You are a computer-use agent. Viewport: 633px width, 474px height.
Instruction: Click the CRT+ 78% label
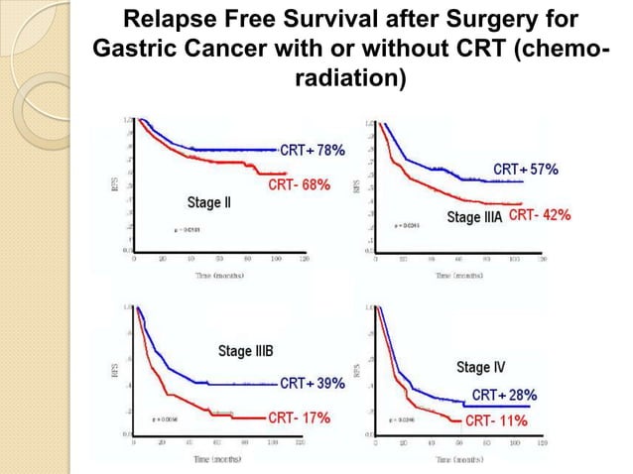pyautogui.click(x=313, y=151)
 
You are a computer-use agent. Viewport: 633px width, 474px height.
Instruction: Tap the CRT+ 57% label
pyautogui.click(x=526, y=170)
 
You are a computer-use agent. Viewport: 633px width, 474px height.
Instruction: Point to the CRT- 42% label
pyautogui.click(x=540, y=215)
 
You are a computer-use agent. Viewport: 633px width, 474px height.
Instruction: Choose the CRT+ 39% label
pyautogui.click(x=313, y=383)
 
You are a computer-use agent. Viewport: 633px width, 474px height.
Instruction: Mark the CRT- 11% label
pyautogui.click(x=497, y=420)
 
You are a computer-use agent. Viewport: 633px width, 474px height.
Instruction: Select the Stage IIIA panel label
pyautogui.click(x=475, y=216)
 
